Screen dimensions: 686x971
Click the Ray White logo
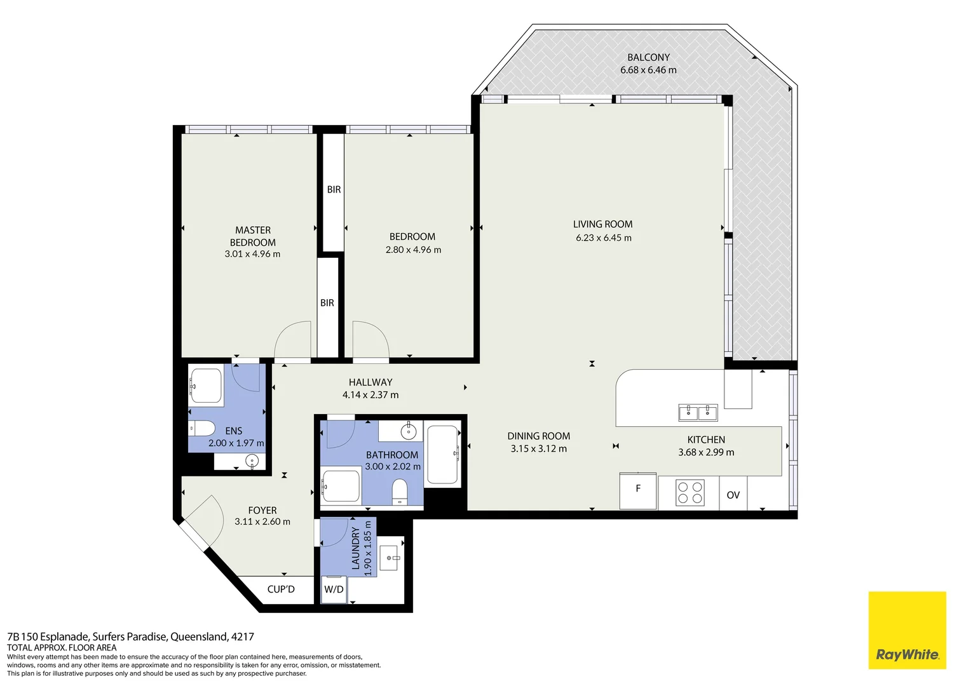click(x=907, y=630)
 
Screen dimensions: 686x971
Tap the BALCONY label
click(x=648, y=57)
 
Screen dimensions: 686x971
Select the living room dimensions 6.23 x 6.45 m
click(x=604, y=238)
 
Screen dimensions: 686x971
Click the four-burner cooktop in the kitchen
click(x=689, y=492)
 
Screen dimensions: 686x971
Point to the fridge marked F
click(x=638, y=490)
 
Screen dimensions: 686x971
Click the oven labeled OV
click(x=733, y=495)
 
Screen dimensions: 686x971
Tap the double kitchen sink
click(x=698, y=413)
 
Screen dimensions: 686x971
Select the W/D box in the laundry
click(x=334, y=589)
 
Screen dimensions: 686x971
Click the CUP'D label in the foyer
click(x=281, y=589)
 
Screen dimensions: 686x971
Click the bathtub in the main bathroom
click(x=443, y=455)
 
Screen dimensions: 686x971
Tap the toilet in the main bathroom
click(x=400, y=491)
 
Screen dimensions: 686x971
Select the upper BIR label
click(x=334, y=190)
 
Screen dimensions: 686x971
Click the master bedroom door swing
click(x=294, y=340)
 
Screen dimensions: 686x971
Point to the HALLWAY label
click(x=370, y=382)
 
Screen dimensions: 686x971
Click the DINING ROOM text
click(x=538, y=436)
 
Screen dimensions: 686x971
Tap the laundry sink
click(x=389, y=558)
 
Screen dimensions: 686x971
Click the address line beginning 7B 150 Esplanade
click(x=130, y=636)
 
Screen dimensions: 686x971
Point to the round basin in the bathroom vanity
click(x=408, y=432)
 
